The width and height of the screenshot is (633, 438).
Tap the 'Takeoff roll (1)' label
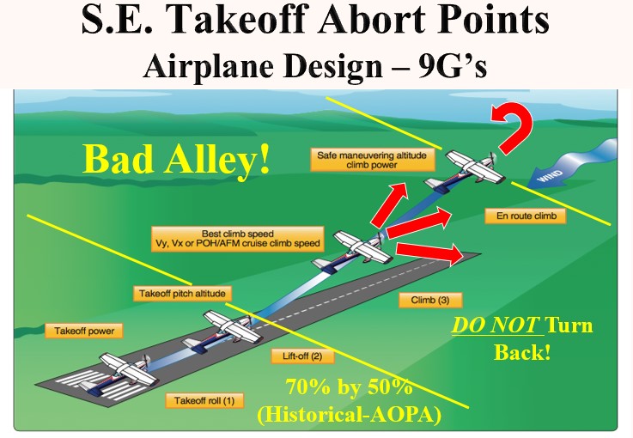click(x=204, y=399)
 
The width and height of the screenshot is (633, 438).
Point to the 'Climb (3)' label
click(x=430, y=301)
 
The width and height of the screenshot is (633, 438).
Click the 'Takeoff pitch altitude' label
click(x=182, y=294)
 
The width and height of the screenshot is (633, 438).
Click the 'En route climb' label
click(x=526, y=216)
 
